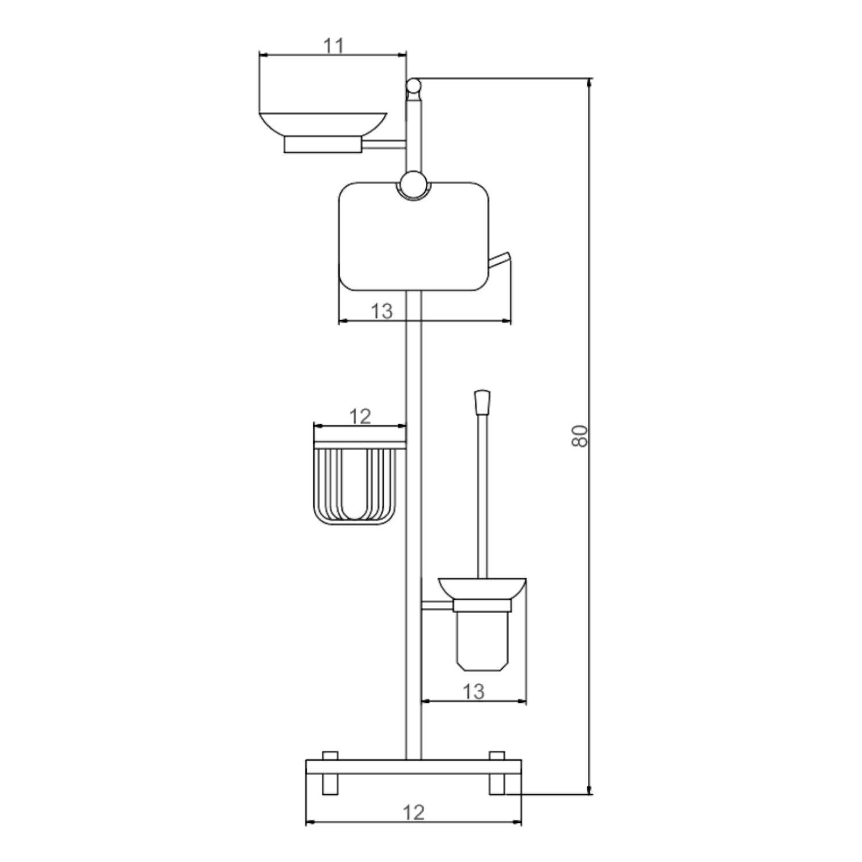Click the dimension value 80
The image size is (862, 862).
(580, 436)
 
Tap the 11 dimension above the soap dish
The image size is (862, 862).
(333, 45)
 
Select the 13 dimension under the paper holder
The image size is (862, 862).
(382, 311)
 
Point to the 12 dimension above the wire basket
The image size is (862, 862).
(360, 416)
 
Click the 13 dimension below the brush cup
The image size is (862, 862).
(474, 691)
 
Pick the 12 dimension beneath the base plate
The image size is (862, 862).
(413, 813)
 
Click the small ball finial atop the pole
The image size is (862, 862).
(413, 86)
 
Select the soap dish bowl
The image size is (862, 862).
(323, 125)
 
